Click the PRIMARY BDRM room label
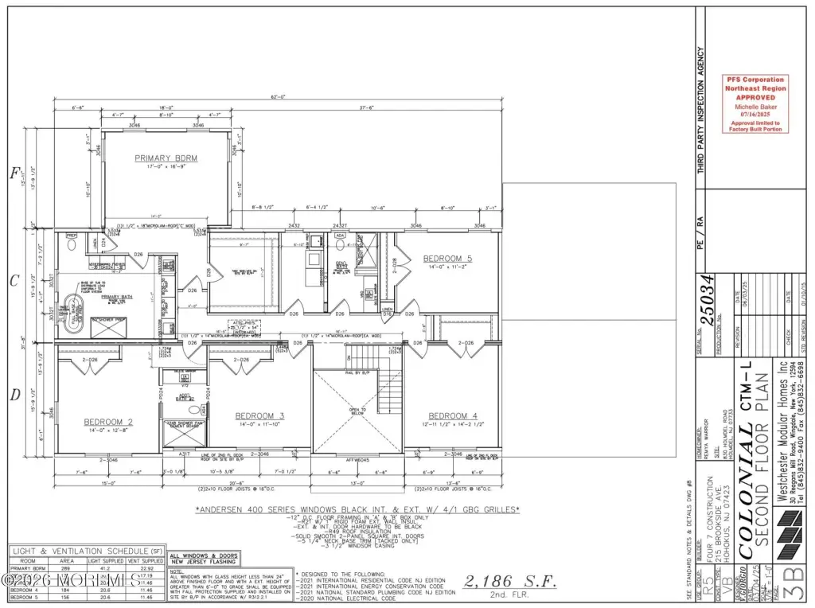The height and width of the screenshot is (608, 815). point(166,158)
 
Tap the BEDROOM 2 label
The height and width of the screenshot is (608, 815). point(108,422)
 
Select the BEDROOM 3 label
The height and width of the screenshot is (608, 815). point(259,416)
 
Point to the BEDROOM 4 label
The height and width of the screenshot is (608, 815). point(453,416)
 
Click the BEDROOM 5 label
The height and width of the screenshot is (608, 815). point(447,259)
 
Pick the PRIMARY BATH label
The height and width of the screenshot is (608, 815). point(116,297)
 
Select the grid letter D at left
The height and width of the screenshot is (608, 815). point(14,394)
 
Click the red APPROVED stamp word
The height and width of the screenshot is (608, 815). point(753,96)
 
